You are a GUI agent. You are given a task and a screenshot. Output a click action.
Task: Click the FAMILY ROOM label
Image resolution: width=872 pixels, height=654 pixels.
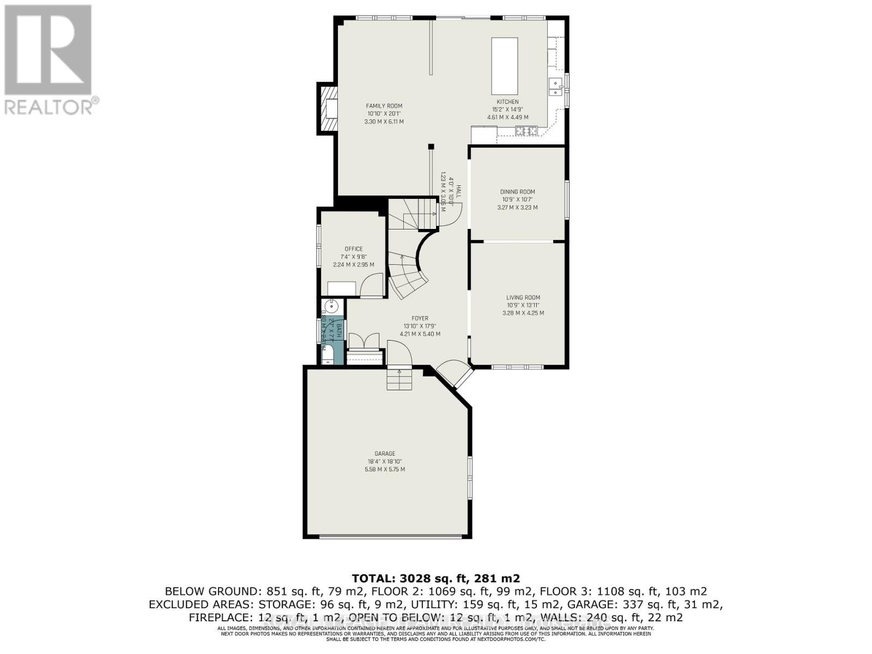click(384, 106)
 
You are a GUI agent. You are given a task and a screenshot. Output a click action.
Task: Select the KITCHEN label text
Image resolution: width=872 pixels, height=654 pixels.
click(507, 102)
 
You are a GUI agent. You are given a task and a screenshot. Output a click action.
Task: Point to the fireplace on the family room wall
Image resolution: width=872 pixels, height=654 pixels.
click(328, 109)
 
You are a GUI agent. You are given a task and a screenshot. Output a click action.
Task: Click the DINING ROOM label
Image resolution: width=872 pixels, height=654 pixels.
click(517, 192)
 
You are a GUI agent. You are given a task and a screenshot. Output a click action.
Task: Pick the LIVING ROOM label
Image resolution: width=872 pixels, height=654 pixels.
click(523, 298)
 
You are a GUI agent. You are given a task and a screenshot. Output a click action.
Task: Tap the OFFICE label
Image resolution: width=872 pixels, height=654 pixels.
click(353, 249)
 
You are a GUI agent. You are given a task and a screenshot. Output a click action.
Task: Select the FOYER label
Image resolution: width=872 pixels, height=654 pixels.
click(420, 318)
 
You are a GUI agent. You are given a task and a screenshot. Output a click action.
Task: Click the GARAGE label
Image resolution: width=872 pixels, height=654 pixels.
click(384, 453)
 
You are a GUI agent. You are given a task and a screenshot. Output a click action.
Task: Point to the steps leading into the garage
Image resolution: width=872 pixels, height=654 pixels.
click(399, 379)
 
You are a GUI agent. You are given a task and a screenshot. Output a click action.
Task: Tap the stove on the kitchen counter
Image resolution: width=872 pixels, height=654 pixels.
click(526, 131)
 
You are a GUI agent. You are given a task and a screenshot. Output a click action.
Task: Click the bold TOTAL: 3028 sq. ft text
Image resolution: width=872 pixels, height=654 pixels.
click(435, 578)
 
